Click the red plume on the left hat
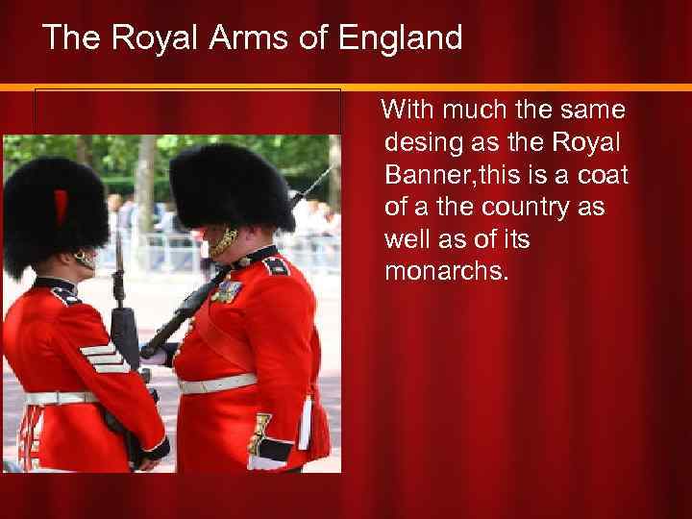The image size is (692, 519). click(61, 205)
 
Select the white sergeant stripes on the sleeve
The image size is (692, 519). click(104, 358)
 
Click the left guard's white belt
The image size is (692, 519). click(58, 397)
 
